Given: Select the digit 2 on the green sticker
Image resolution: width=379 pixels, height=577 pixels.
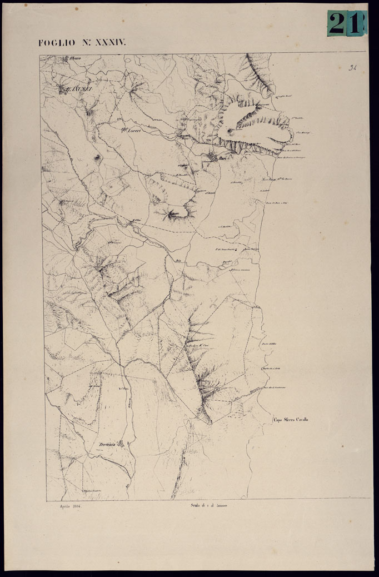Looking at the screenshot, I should pyautogui.click(x=337, y=23).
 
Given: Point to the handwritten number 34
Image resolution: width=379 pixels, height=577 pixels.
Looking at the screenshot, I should pyautogui.click(x=352, y=68).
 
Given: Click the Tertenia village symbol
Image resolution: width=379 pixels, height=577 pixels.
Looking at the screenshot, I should pyautogui.click(x=124, y=444).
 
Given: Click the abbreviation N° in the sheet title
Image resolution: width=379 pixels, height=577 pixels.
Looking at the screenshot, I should pyautogui.click(x=81, y=43).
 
